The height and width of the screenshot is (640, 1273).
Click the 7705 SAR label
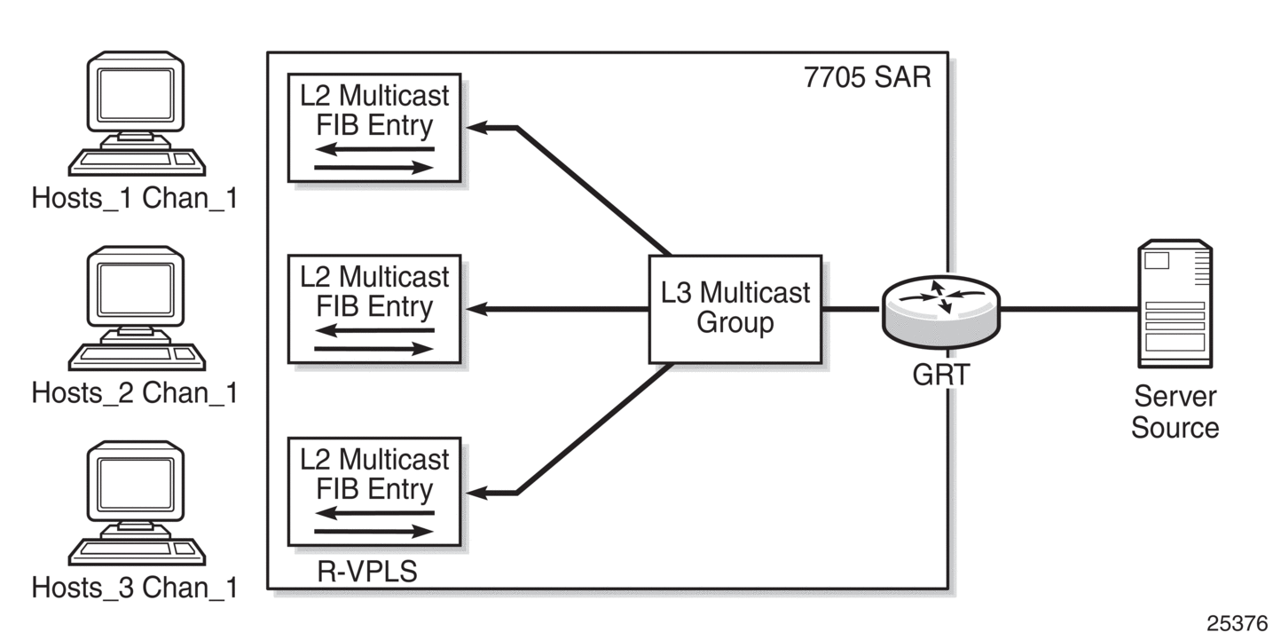pyautogui.click(x=868, y=77)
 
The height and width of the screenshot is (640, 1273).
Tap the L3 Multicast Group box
pyautogui.click(x=735, y=309)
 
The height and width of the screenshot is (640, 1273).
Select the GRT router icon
pyautogui.click(x=940, y=312)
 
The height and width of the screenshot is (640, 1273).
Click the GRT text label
pyautogui.click(x=940, y=375)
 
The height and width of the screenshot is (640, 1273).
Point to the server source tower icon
pyautogui.click(x=1175, y=304)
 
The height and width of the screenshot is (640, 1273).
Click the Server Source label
pyautogui.click(x=1175, y=412)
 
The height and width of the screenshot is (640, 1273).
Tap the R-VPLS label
pyautogui.click(x=367, y=571)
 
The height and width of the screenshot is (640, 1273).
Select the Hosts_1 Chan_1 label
pyautogui.click(x=135, y=199)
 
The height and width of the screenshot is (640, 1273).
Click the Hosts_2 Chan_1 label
pyautogui.click(x=135, y=393)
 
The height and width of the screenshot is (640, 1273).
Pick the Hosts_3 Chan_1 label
pyautogui.click(x=135, y=588)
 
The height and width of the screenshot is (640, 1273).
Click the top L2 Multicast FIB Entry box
pyautogui.click(x=374, y=128)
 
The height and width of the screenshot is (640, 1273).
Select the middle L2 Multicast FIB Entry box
pyautogui.click(x=374, y=309)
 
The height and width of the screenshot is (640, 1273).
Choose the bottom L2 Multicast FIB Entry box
pyautogui.click(x=374, y=492)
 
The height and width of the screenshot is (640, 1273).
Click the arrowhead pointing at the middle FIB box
pyautogui.click(x=476, y=309)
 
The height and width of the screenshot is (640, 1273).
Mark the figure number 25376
pyautogui.click(x=1237, y=623)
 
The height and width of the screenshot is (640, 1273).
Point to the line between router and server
pyautogui.click(x=1069, y=310)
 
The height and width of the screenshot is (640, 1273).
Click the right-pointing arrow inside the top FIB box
pyautogui.click(x=374, y=168)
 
